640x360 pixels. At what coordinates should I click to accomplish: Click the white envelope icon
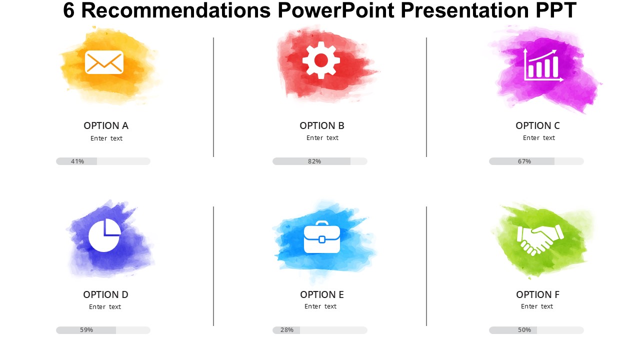[x=104, y=62]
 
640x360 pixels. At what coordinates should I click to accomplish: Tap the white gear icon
[x=321, y=60]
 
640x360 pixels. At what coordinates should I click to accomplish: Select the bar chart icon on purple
[x=543, y=65]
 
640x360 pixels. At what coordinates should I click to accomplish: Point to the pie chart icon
[x=104, y=235]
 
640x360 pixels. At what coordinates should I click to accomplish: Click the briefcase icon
[x=322, y=237]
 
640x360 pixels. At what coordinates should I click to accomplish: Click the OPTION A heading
[x=106, y=125]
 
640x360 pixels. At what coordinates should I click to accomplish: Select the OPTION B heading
[x=322, y=125]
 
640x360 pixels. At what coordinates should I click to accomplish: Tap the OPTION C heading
[x=537, y=125]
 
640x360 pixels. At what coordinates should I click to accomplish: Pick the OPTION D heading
[x=105, y=294]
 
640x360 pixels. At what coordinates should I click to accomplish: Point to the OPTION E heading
[x=322, y=294]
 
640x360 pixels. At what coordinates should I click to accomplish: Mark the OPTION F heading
[x=537, y=294]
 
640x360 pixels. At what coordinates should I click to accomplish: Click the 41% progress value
[x=77, y=161]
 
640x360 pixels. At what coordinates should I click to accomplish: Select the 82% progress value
[x=314, y=161]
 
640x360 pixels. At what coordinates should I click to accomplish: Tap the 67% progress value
[x=524, y=161]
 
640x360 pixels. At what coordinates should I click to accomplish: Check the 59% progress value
[x=86, y=330]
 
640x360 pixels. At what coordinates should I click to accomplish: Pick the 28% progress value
[x=287, y=330]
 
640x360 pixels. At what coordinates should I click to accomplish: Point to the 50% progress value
[x=524, y=330]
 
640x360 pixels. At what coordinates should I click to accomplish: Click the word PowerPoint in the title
[x=336, y=10]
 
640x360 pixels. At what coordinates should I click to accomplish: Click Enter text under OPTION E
[x=320, y=306]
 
